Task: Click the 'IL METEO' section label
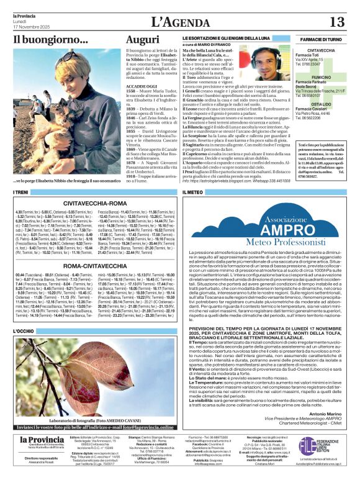192,193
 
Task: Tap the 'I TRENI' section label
20,193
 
